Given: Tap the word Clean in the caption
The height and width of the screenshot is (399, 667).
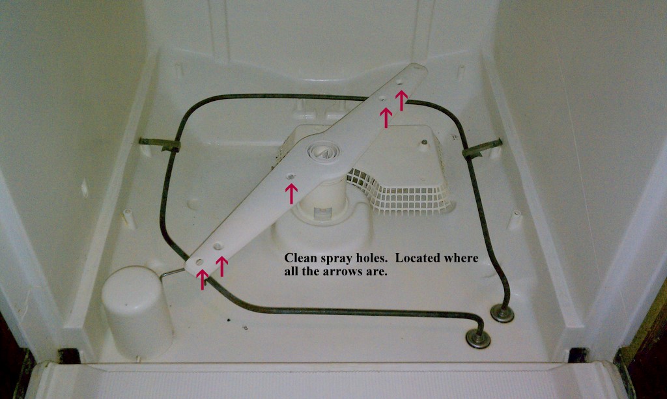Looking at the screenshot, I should point(298,258).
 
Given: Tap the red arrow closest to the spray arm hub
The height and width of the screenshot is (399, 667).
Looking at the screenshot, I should point(292,193).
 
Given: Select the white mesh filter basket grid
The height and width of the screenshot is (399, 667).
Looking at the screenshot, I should point(397,191).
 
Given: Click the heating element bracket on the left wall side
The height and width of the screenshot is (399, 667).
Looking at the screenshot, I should point(161,144).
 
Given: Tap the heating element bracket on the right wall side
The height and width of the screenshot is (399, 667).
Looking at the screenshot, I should point(483,148).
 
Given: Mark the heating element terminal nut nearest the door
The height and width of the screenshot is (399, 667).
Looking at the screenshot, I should point(478,338).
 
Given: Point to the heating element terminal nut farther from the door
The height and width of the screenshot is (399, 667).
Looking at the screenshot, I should point(502,313).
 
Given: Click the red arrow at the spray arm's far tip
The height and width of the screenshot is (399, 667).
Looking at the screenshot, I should point(402,99).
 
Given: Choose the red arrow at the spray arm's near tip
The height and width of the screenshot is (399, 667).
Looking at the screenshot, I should point(203,278).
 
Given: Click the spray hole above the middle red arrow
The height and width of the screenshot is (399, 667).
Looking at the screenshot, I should point(291,176).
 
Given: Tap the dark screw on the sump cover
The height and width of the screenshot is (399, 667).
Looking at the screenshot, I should point(423,141).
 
